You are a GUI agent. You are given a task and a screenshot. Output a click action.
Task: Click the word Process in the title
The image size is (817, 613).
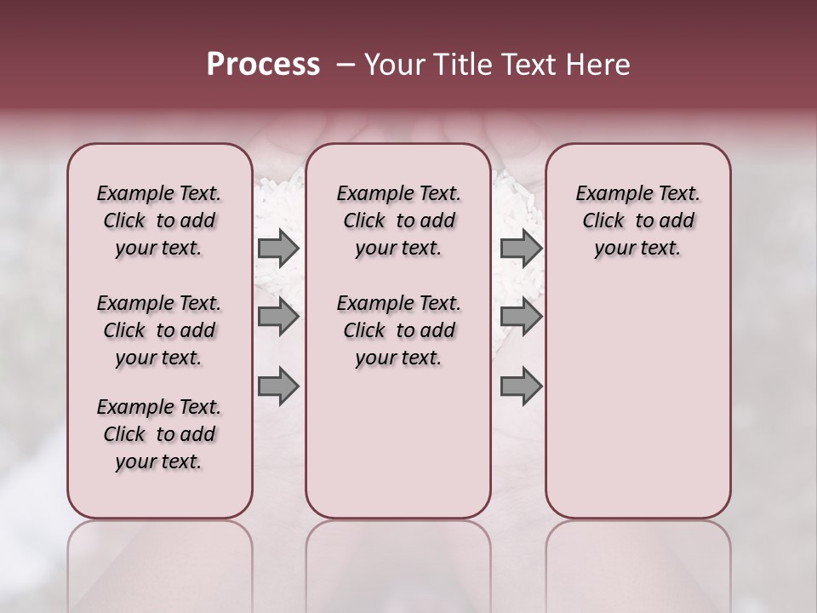(263, 64)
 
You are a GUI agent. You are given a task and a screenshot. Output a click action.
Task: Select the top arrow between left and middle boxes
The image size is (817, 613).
(278, 249)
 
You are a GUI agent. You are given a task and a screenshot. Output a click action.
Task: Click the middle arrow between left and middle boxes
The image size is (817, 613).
(278, 317)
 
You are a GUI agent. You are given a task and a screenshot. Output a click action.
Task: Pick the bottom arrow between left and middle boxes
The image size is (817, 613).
(278, 386)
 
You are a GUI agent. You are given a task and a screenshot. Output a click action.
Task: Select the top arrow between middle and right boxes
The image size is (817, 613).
(521, 249)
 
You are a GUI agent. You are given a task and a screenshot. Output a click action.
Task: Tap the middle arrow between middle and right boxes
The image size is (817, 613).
(521, 317)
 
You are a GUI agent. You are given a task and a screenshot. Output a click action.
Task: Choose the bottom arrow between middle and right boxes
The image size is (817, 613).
(521, 386)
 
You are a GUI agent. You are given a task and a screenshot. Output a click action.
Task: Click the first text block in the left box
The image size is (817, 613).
(159, 221)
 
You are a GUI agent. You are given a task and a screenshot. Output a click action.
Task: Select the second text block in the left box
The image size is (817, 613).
(159, 330)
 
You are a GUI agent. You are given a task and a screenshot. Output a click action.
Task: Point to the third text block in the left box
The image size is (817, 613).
(159, 434)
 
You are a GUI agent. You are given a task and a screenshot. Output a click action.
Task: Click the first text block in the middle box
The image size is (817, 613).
(398, 221)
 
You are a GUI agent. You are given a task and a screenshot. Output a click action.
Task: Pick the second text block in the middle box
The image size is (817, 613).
(398, 330)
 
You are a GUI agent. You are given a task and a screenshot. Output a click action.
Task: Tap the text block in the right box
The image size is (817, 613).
(637, 221)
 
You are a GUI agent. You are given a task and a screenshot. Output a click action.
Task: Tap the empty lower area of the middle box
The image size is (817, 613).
(398, 443)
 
